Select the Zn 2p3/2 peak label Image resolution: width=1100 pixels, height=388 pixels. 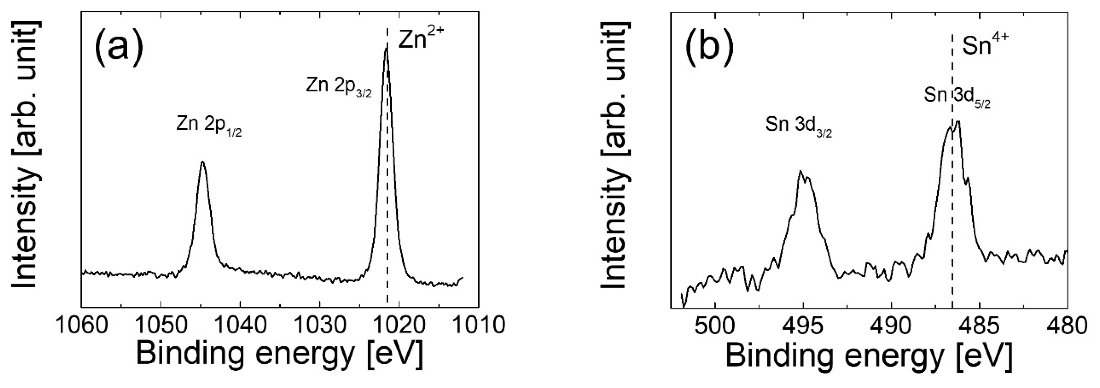[x=339, y=87]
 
